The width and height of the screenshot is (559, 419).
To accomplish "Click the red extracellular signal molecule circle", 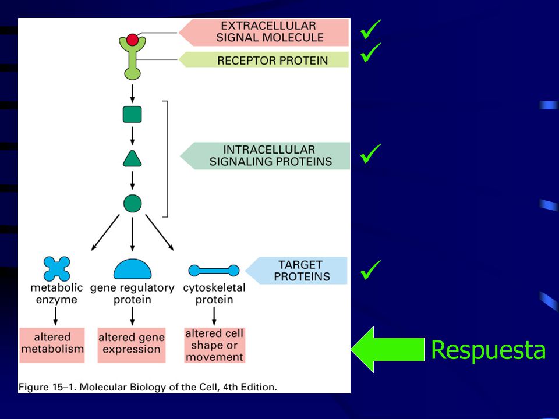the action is (132, 40).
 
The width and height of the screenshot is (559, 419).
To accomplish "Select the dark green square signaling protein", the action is (132, 115).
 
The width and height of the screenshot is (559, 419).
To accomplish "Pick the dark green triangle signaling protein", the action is (132, 159).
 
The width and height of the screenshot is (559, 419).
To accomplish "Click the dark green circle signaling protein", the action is (132, 204).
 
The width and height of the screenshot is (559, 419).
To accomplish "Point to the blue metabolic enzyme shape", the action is (56, 269).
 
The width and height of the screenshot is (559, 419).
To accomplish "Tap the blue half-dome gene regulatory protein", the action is (132, 269).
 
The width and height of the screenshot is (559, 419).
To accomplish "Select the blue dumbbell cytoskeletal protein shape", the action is (214, 271).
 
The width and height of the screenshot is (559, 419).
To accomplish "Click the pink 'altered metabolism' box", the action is (52, 345).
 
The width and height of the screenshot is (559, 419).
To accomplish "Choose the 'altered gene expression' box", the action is (132, 345).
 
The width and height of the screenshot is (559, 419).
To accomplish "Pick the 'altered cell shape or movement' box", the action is (215, 345).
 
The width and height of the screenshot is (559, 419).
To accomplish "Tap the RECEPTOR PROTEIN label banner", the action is (264, 59).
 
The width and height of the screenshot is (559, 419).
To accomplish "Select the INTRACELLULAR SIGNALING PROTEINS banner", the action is (266, 156).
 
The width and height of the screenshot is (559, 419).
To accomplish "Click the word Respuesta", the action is (488, 350).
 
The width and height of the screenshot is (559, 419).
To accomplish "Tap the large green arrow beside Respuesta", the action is (388, 349).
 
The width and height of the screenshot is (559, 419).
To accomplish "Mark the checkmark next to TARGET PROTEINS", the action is (370, 269).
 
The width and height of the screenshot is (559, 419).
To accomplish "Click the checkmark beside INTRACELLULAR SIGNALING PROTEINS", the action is (370, 154).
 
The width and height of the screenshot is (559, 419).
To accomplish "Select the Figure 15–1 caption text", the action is (147, 388).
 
